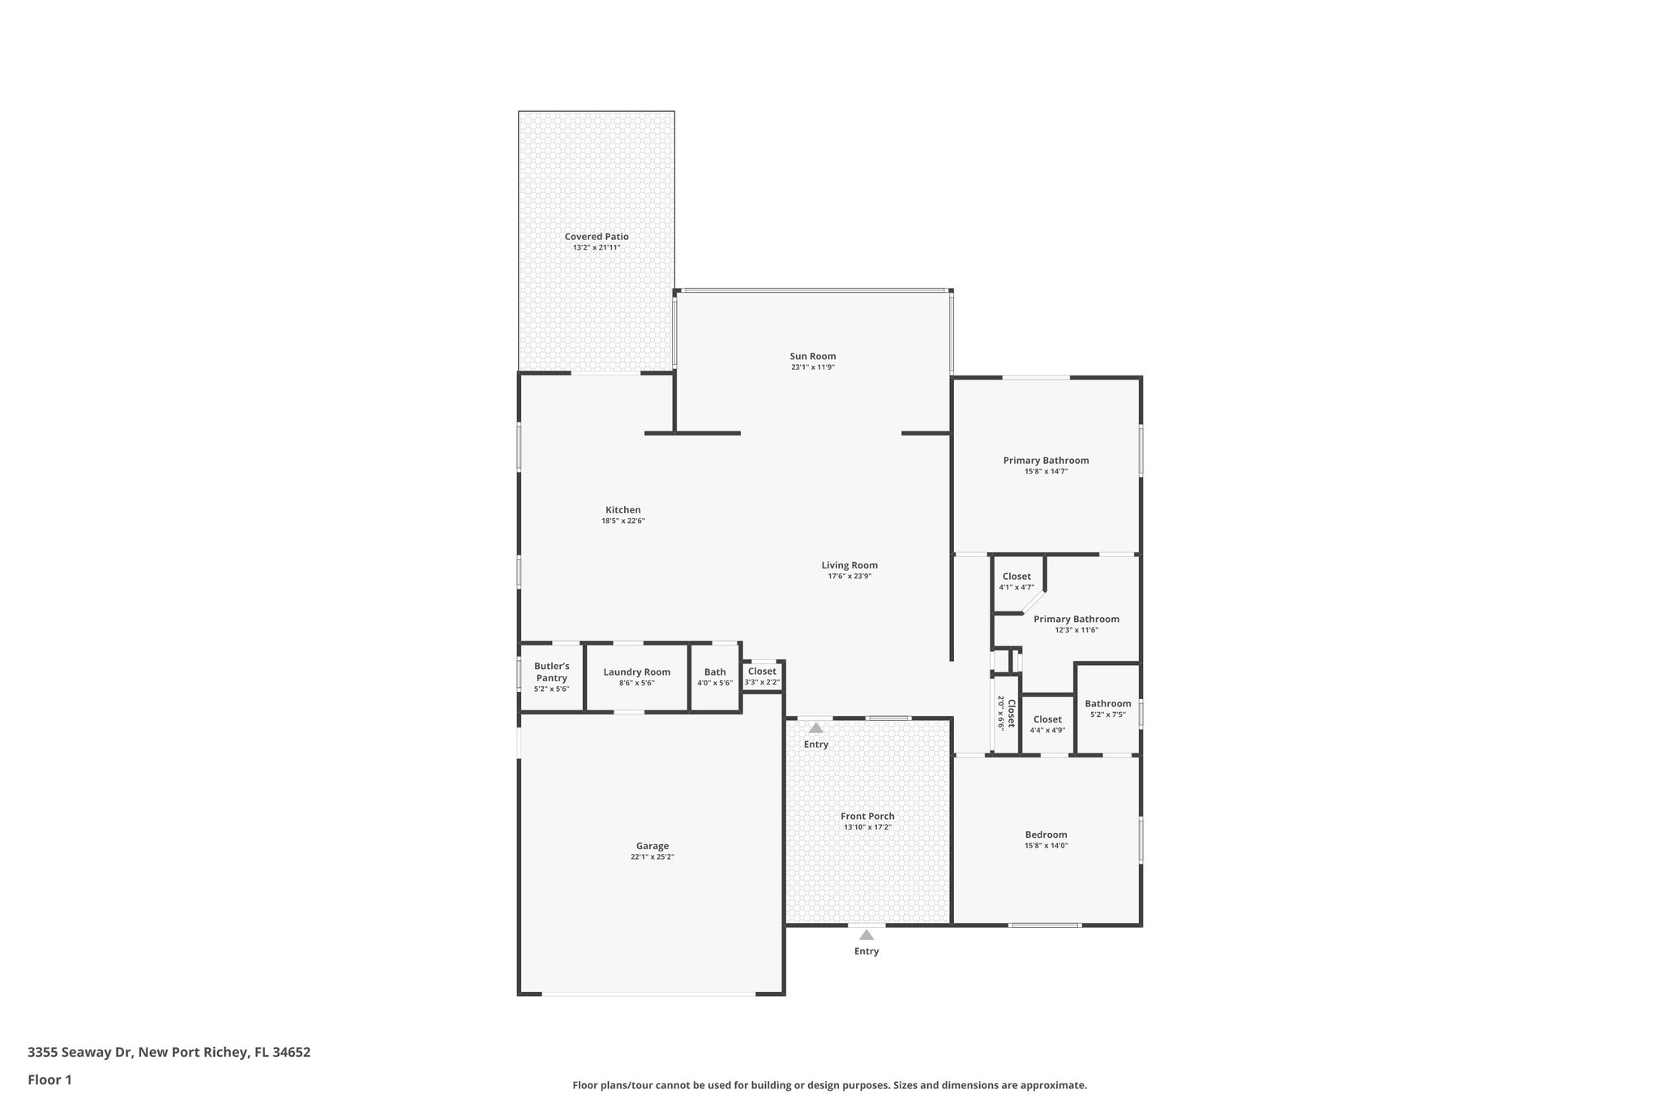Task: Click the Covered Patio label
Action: coord(597,237)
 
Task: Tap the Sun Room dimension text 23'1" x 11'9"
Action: coord(813,367)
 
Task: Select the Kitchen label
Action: coord(622,510)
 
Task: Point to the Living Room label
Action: coord(849,565)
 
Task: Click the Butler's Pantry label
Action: coord(551,672)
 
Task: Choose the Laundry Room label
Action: coord(636,672)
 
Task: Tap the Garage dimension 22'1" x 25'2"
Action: coord(652,856)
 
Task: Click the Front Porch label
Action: coord(867,817)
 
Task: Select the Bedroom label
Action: coord(1046,835)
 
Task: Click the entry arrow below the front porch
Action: coord(866,935)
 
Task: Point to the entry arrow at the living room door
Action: coord(816,728)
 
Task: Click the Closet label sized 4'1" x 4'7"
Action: coord(1016,577)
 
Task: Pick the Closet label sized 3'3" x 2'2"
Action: coord(762,671)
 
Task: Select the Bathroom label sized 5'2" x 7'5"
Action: coord(1108,704)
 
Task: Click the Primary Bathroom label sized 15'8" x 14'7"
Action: coord(1046,461)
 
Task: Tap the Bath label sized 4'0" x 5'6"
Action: coord(715,672)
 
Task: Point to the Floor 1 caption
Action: coord(49,1080)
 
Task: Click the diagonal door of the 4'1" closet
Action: coord(1032,601)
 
